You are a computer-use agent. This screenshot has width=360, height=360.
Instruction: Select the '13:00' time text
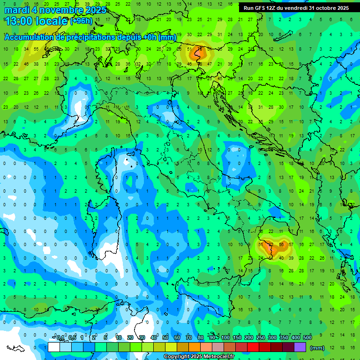click(x=19, y=21)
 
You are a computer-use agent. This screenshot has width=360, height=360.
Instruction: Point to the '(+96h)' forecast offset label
click(x=82, y=21)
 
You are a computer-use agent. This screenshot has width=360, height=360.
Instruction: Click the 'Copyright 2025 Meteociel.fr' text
click(x=199, y=357)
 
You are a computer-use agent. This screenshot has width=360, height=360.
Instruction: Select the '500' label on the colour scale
click(x=307, y=338)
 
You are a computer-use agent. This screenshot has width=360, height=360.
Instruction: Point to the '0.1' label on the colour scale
click(x=60, y=338)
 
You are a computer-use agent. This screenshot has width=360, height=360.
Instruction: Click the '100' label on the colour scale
click(x=225, y=338)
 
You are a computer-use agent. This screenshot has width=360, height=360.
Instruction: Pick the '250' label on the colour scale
click(x=261, y=338)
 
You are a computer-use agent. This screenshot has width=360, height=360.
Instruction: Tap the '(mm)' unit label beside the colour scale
click(x=317, y=348)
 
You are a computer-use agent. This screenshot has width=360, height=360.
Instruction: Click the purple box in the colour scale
click(x=300, y=347)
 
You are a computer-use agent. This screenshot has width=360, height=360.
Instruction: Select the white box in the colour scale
click(x=54, y=347)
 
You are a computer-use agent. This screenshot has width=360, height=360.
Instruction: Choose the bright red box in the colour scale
click(x=254, y=347)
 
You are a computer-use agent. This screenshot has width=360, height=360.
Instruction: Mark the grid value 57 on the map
click(x=291, y=244)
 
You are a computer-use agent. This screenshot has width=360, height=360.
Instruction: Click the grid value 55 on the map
click(x=36, y=49)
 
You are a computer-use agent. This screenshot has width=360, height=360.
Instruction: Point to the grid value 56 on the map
click(x=281, y=244)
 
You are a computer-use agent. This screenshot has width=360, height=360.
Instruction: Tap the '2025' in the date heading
click(x=96, y=10)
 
